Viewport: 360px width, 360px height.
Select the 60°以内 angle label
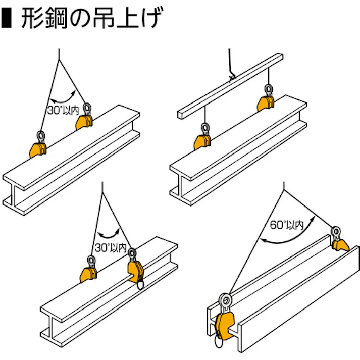tap(286, 225)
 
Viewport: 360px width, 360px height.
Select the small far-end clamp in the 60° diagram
tap(339, 244)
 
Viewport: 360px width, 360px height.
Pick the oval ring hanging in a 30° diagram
tap(139, 285)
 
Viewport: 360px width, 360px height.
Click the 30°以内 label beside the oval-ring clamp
tap(110, 248)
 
